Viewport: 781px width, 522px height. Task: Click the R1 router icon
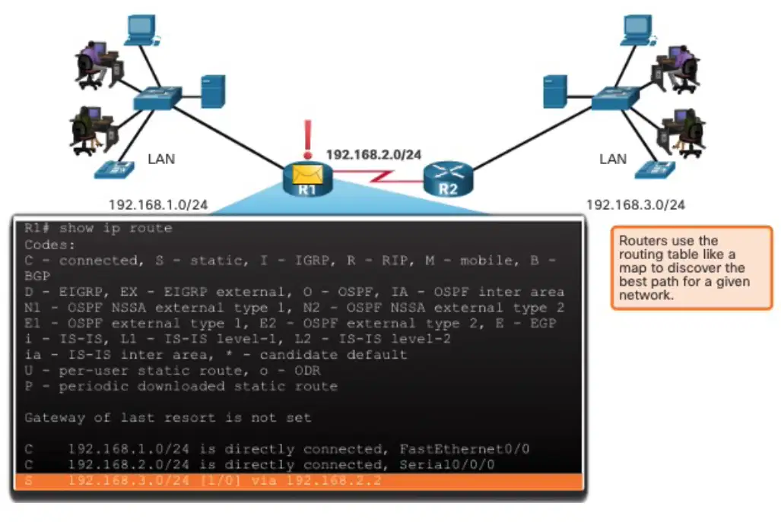coord(307,179)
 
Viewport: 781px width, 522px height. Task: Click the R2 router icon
coord(448,179)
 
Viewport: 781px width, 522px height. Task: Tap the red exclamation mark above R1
coord(308,140)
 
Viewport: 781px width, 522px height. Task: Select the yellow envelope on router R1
coord(307,174)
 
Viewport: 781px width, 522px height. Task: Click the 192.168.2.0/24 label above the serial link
coord(373,155)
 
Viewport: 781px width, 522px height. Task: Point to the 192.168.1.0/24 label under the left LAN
coord(158,204)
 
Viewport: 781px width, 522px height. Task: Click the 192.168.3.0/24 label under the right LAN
coord(636,204)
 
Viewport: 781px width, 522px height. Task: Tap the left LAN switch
coord(157,98)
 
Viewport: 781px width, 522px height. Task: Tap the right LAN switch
coord(615,98)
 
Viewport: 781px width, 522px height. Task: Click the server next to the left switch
coord(213,91)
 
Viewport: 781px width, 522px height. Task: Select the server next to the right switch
coord(555,91)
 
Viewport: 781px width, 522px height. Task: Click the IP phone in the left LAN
coord(114,169)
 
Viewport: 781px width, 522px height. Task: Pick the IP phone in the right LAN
coord(655,169)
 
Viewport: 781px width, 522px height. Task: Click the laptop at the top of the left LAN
coord(142,30)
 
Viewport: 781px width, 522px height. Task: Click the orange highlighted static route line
coord(299,481)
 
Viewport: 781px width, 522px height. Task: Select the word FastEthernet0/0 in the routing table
coord(464,449)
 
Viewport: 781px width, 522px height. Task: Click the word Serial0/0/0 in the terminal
coord(447,465)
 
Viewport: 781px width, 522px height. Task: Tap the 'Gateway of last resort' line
coord(168,417)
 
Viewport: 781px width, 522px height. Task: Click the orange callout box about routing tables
coord(692,267)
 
